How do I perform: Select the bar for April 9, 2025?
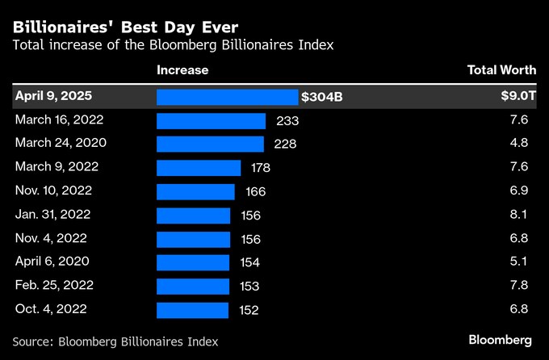pyautogui.click(x=227, y=97)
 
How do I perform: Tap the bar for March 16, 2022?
pyautogui.click(x=211, y=120)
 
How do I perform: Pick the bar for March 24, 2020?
pyautogui.click(x=210, y=144)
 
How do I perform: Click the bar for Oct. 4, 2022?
pyautogui.click(x=192, y=310)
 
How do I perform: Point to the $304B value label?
pyautogui.click(x=322, y=97)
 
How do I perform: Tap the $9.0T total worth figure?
pyautogui.click(x=518, y=97)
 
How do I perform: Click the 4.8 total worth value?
pyautogui.click(x=522, y=144)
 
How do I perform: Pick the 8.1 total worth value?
pyautogui.click(x=522, y=216)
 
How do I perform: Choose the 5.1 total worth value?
pyautogui.click(x=522, y=262)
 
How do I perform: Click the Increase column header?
pyautogui.click(x=182, y=70)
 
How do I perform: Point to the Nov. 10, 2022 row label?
pyautogui.click(x=53, y=191)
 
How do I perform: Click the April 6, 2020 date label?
pyautogui.click(x=52, y=262)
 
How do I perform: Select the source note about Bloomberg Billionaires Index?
pyautogui.click(x=115, y=341)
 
